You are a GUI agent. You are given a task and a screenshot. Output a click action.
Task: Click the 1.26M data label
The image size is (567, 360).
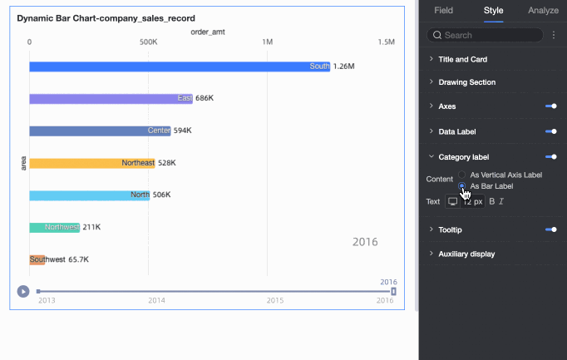coord(344,67)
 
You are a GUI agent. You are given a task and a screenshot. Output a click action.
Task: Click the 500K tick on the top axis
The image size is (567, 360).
coord(148,42)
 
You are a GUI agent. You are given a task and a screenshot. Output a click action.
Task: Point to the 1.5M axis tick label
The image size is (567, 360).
coord(386,42)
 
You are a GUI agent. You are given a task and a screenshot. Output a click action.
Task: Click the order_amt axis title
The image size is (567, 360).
coord(208,32)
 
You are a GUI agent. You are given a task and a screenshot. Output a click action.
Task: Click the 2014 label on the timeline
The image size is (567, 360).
coord(156,300)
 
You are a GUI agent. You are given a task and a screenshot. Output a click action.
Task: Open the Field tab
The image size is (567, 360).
coord(444,11)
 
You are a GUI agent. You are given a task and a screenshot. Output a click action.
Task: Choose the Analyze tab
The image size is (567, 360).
coord(543,11)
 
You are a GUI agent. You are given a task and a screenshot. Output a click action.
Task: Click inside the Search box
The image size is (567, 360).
coord(491,35)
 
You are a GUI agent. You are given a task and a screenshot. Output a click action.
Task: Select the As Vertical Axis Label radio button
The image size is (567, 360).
coord(462,175)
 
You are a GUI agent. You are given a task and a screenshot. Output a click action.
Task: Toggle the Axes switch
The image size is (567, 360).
coord(550,106)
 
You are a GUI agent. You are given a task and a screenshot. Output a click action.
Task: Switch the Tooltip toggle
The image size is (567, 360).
coord(550,229)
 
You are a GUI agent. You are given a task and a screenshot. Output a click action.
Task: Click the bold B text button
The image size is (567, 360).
coord(491,201)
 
